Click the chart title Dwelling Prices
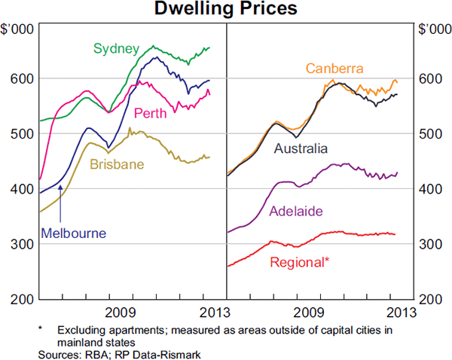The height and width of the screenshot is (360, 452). point(226,10)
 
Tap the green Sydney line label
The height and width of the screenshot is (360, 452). point(116,49)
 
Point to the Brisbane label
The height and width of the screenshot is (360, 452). point(117,164)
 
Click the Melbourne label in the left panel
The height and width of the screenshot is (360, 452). point(73,233)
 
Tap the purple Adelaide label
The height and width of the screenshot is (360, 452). point(296,212)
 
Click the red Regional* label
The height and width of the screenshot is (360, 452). point(299,262)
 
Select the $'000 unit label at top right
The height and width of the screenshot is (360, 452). point(434,29)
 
